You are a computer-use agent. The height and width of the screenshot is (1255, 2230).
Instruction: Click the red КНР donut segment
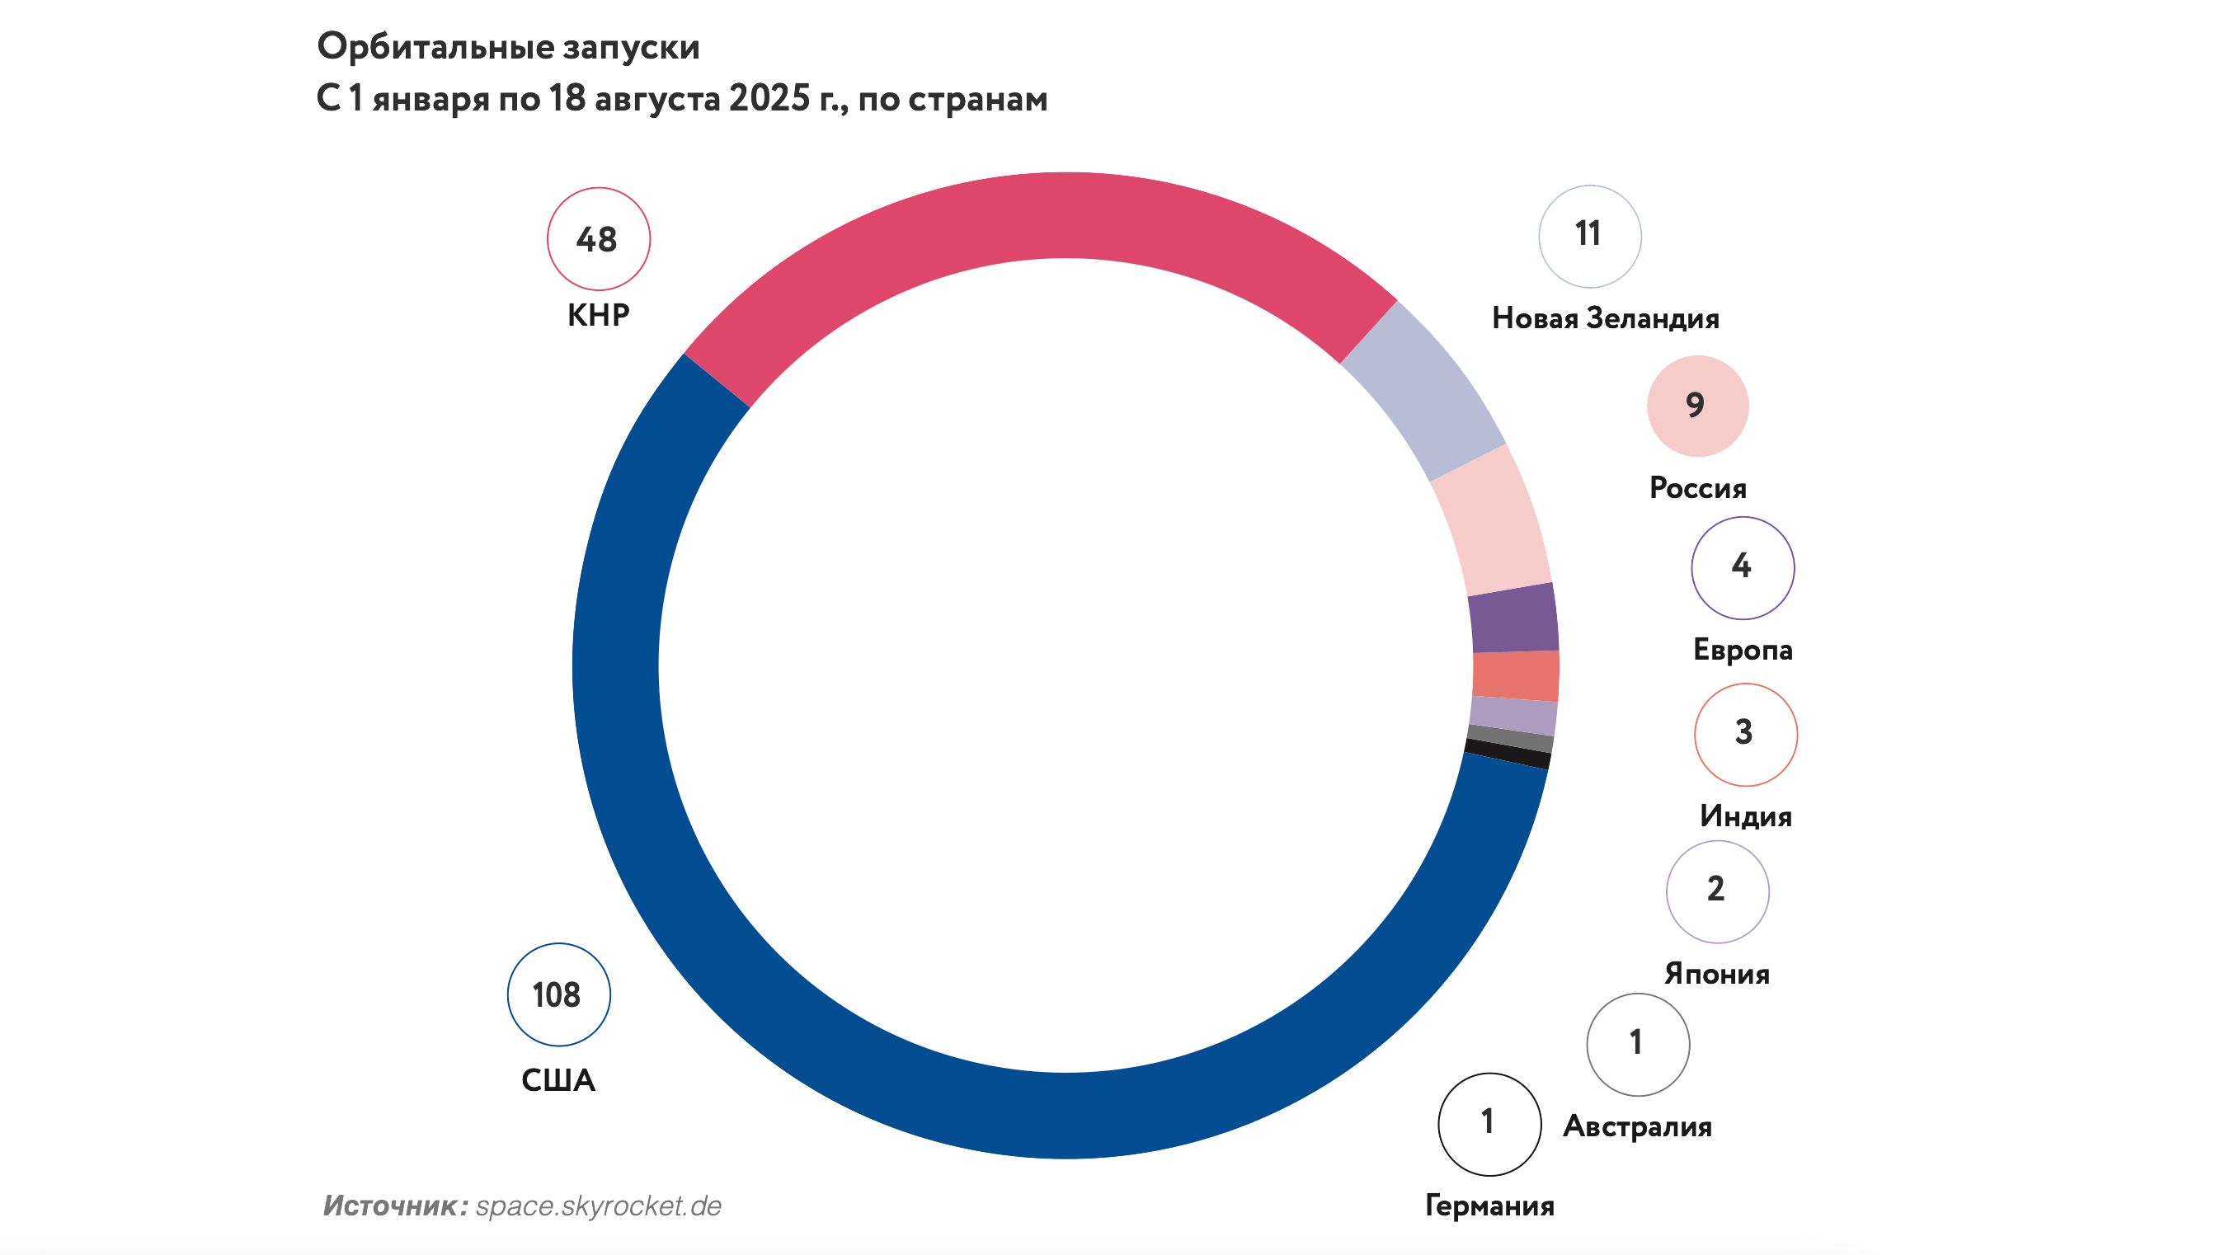1039,216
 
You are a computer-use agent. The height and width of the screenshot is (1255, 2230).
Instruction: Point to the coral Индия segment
1516,675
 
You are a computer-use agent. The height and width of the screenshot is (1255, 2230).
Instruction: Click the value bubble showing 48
598,239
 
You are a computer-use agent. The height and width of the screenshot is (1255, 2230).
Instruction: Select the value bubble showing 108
558,994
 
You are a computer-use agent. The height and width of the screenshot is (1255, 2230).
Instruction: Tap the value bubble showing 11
1589,236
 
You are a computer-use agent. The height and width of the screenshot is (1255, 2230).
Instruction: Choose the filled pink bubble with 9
1696,405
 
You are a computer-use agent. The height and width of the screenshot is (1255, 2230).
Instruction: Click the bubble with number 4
1743,568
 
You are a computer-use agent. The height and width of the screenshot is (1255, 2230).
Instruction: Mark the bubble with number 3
1745,734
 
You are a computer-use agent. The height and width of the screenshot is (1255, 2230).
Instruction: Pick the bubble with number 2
1718,891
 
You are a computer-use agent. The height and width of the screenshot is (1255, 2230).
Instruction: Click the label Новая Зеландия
1605,318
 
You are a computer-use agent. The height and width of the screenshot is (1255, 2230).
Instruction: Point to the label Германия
1489,1206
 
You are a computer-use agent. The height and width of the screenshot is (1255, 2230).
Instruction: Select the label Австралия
1637,1126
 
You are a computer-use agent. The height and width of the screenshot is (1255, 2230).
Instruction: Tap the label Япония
1717,974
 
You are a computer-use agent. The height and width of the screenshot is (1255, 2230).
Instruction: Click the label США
558,1080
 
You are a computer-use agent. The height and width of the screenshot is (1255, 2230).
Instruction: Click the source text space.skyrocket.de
598,1206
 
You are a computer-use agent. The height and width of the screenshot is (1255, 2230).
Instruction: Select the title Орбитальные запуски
508,47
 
